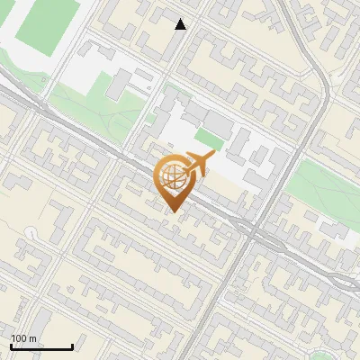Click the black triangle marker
pyautogui.click(x=181, y=24)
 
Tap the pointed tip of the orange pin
pyautogui.click(x=173, y=210)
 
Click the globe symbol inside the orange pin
pyautogui.click(x=171, y=177)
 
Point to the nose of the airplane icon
pyautogui.click(x=213, y=156)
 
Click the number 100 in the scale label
pyautogui.click(x=19, y=338)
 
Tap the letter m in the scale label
pyautogui.click(x=32, y=338)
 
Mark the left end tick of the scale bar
pyautogui.click(x=11, y=346)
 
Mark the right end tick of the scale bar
pyautogui.click(x=72, y=346)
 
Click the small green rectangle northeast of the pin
pyautogui.click(x=209, y=140)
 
